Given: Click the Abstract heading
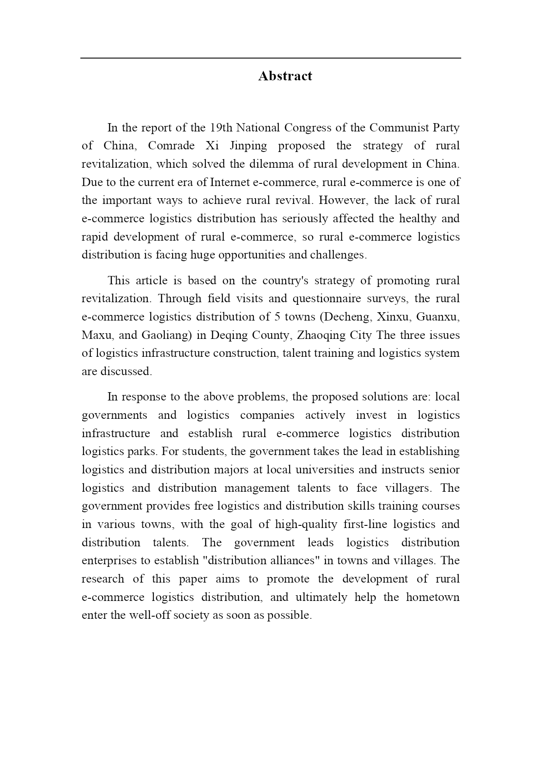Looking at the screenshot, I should pyautogui.click(x=285, y=76).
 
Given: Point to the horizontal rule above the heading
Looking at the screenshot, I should pyautogui.click(x=270, y=58).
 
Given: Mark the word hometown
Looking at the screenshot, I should pyautogui.click(x=433, y=597).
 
